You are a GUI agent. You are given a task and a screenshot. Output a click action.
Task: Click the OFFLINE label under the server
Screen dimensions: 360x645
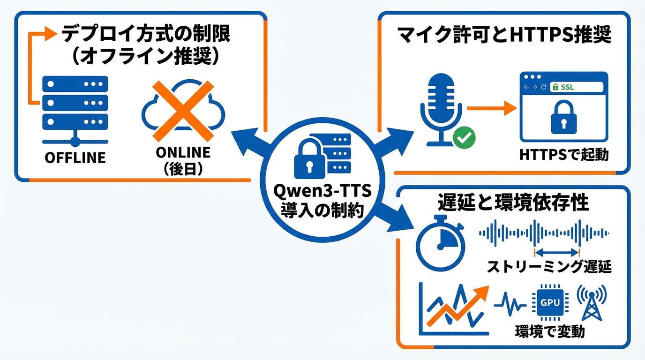75,157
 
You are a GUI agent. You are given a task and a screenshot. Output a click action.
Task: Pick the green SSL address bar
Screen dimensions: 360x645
576,87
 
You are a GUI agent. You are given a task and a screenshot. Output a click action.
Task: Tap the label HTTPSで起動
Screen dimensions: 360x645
564,155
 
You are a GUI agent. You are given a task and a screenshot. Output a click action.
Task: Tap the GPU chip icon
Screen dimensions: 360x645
550,302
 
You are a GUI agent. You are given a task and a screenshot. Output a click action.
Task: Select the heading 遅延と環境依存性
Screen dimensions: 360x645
513,202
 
